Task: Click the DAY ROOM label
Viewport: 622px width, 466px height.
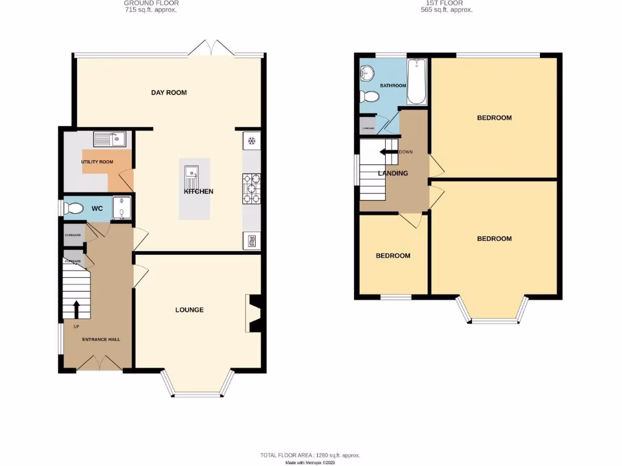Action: [x=169, y=93]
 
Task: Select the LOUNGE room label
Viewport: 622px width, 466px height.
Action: [x=190, y=310]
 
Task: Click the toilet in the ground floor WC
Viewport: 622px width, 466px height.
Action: [x=74, y=209]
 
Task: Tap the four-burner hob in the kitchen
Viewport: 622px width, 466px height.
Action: [x=252, y=188]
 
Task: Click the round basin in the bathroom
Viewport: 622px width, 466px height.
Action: [x=368, y=74]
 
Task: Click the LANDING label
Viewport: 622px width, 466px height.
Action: [x=393, y=174]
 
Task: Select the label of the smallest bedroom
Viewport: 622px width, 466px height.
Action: [x=392, y=256]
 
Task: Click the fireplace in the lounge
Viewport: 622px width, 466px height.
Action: [x=254, y=314]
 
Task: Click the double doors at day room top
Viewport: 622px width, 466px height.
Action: [x=211, y=49]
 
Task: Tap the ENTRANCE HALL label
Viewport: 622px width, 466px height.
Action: [x=101, y=340]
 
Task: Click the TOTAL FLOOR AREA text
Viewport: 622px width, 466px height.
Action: [x=310, y=455]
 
